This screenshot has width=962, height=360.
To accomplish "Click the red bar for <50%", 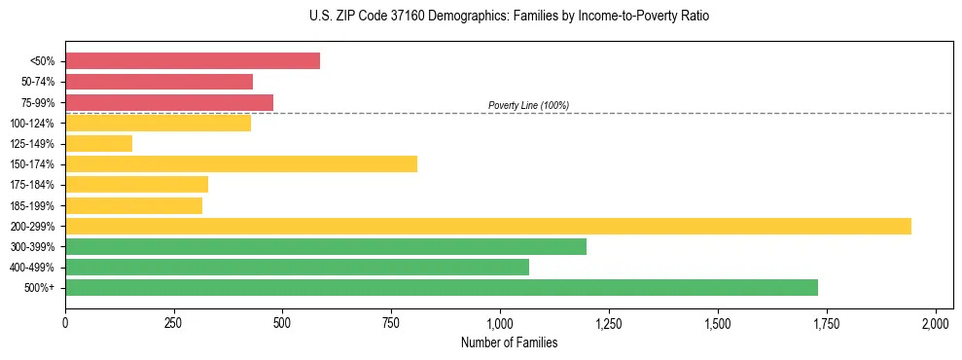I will (x=193, y=61).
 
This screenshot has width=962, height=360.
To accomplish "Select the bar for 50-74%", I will (x=159, y=82).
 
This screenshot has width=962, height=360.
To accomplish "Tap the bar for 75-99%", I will (x=169, y=102).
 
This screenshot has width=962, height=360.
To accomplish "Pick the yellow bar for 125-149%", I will (x=98, y=144).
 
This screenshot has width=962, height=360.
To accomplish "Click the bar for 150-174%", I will (x=241, y=164).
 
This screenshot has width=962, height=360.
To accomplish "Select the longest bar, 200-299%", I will (x=488, y=227).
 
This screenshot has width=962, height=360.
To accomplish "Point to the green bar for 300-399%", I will (x=326, y=247).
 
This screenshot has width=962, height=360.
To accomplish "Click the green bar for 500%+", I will (x=442, y=288).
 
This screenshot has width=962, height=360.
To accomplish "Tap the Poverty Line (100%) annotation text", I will (x=528, y=105).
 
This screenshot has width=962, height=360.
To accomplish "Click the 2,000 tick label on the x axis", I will (x=935, y=322).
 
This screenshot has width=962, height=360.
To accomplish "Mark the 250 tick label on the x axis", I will (x=174, y=322).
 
